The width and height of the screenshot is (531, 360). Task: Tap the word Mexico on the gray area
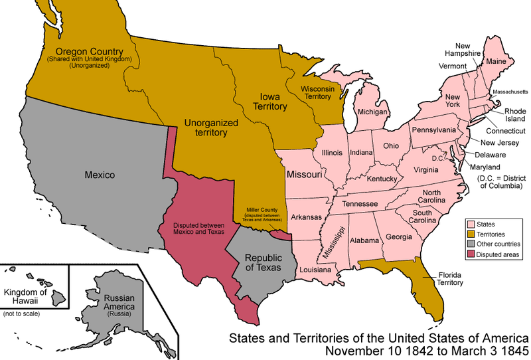pos(100,175)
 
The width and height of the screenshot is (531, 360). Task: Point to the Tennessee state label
pos(359,203)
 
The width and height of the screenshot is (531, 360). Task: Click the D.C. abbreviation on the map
pos(437,158)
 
